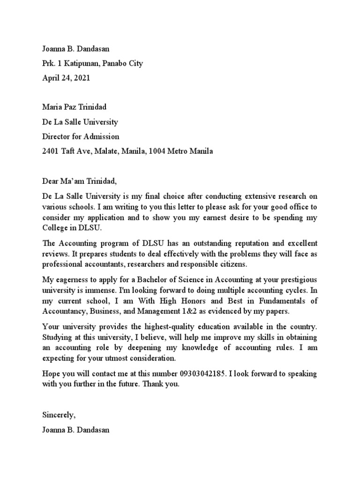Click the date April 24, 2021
66,78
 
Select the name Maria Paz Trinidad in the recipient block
75,107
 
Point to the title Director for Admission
81,137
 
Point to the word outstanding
210,244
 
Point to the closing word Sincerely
59,415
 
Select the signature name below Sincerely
76,429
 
